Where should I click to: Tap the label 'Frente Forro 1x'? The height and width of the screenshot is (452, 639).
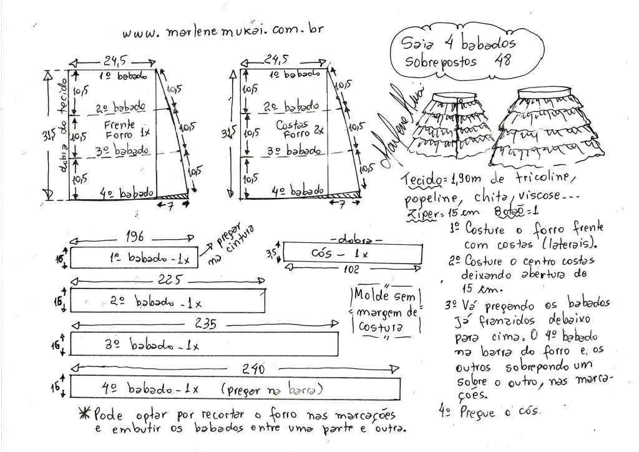[119, 129]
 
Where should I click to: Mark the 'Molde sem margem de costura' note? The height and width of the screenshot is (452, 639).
[387, 311]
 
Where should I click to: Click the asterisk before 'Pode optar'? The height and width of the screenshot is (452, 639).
[84, 415]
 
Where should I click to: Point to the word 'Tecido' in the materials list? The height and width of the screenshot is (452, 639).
[424, 180]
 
